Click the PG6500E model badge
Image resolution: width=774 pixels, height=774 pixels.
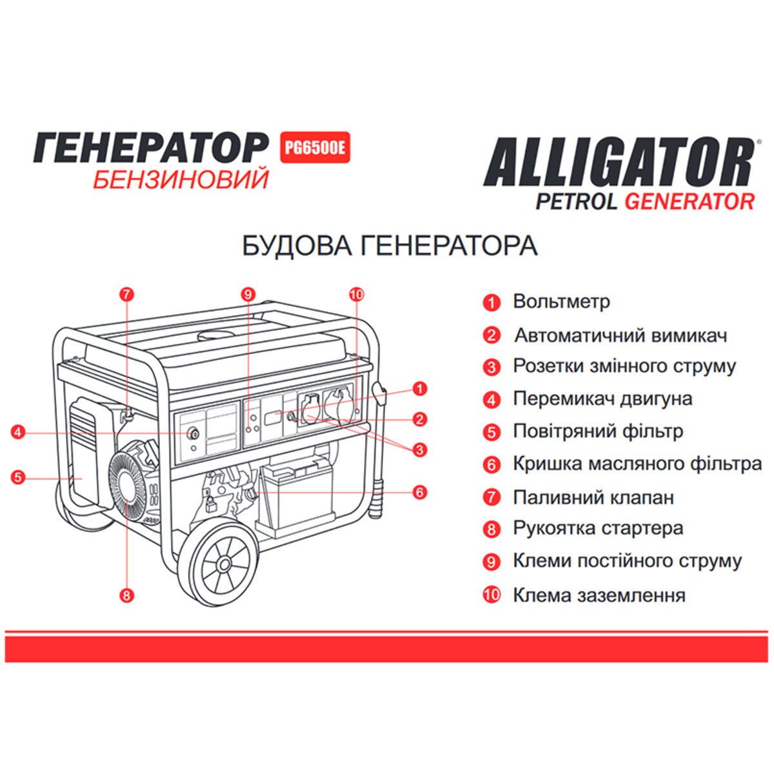click(x=315, y=148)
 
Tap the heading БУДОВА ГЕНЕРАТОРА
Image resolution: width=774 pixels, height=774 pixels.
click(x=390, y=246)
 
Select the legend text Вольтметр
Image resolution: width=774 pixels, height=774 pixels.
click(x=561, y=301)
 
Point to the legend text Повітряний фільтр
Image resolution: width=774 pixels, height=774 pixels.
click(x=597, y=431)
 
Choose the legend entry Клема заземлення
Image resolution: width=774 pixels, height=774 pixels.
click(x=599, y=595)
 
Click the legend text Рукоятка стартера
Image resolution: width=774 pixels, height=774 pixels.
click(x=598, y=528)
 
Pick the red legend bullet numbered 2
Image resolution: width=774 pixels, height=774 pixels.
click(x=491, y=335)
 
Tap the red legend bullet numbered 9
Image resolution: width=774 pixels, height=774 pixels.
click(x=491, y=562)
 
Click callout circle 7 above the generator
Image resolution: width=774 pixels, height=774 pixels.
click(x=126, y=294)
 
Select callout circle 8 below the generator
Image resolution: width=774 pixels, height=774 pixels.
click(x=126, y=595)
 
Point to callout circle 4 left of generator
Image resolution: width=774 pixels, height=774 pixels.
click(x=17, y=432)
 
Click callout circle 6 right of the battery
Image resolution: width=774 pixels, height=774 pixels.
click(x=420, y=492)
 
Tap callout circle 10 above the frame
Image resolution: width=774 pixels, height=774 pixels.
click(x=356, y=294)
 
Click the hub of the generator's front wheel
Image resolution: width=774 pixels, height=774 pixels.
click(x=224, y=564)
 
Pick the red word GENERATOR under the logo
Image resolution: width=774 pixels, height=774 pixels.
click(x=690, y=201)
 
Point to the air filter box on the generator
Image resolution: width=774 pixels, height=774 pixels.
click(x=84, y=455)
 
